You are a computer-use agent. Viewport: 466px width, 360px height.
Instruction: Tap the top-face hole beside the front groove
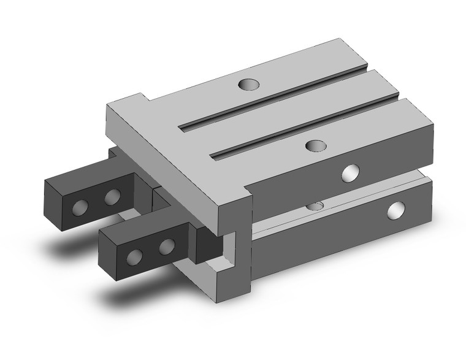click(x=315, y=145)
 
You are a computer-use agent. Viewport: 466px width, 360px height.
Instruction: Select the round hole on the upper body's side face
click(x=351, y=174)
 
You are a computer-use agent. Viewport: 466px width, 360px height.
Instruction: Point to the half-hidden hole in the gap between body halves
click(x=316, y=205)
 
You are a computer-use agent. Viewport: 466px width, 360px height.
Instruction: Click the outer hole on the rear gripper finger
click(x=80, y=207)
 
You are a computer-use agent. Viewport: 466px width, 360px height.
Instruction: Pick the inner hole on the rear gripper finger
click(x=112, y=197)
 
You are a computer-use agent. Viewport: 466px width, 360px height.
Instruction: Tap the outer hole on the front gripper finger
click(x=133, y=256)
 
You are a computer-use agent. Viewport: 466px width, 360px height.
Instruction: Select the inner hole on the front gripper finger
click(x=165, y=247)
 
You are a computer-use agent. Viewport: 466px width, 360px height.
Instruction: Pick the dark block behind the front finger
click(x=207, y=243)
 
